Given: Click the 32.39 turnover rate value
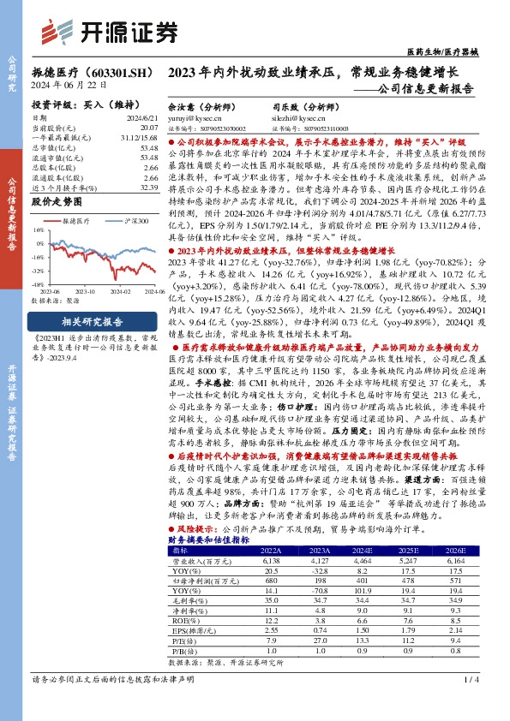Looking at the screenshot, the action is coord(147,188).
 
